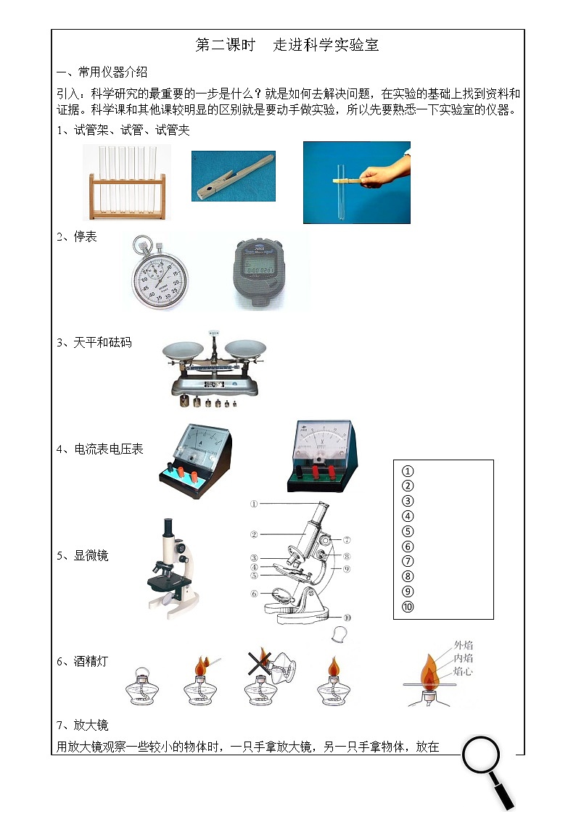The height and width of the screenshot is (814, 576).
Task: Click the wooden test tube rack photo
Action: click(x=127, y=182)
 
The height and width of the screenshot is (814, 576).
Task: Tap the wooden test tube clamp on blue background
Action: click(x=234, y=176)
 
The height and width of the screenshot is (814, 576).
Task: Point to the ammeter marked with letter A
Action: click(x=194, y=460)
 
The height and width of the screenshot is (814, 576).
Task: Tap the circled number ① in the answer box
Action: click(x=408, y=471)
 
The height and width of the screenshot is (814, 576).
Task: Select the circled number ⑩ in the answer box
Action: click(x=408, y=607)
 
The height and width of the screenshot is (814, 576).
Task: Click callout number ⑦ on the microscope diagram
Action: click(x=347, y=539)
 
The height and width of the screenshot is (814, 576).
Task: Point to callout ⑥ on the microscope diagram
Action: click(x=255, y=594)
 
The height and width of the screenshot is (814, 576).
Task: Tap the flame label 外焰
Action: click(x=464, y=644)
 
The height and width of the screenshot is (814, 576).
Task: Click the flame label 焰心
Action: click(x=464, y=671)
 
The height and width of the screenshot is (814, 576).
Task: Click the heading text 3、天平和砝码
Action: click(x=94, y=342)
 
